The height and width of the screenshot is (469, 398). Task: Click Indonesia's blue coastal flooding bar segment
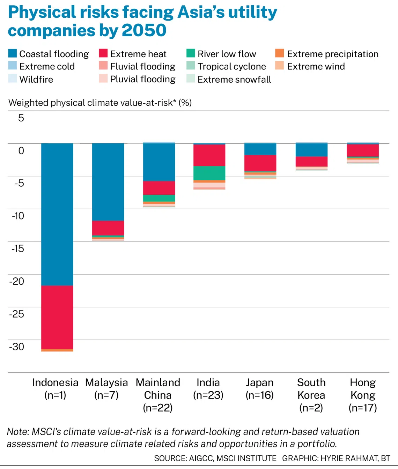57,214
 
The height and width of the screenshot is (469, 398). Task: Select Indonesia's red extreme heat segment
57,317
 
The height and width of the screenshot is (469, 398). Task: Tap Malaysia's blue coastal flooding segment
108,182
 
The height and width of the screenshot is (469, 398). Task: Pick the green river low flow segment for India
209,173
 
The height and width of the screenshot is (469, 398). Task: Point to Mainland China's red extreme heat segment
159,188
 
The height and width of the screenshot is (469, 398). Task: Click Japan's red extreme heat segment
260,163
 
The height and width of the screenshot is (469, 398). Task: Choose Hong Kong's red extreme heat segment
363,150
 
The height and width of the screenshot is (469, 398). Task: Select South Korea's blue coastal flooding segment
311,150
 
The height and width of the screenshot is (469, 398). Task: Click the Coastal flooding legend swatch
13,53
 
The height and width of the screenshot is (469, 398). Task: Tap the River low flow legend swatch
191,53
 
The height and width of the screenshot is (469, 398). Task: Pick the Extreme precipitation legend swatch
280,53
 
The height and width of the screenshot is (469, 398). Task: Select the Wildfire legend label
36,80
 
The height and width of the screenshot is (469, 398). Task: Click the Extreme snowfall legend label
234,80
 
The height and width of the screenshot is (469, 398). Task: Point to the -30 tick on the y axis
17,347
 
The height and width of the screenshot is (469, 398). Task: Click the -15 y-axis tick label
17,249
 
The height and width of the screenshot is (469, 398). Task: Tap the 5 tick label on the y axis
21,118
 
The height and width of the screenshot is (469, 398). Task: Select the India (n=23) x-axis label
208,389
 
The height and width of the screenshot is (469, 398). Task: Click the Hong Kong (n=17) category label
363,395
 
